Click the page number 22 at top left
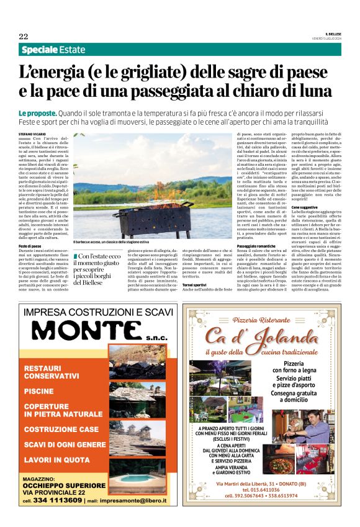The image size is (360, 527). tap(24, 35)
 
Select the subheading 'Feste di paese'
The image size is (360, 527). tap(32, 246)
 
